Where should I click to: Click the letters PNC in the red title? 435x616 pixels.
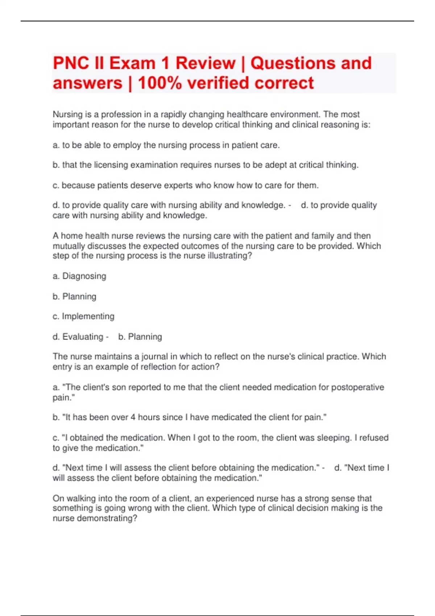pyautogui.click(x=71, y=63)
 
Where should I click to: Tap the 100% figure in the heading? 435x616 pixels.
pyautogui.click(x=160, y=83)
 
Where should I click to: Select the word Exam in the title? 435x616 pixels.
pyautogui.click(x=133, y=63)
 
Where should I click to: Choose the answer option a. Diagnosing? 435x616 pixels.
pyautogui.click(x=79, y=276)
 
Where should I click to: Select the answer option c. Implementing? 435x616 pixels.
pyautogui.click(x=83, y=316)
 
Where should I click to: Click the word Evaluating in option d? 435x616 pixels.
pyautogui.click(x=83, y=337)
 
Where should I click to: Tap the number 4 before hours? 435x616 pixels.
pyautogui.click(x=133, y=417)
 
